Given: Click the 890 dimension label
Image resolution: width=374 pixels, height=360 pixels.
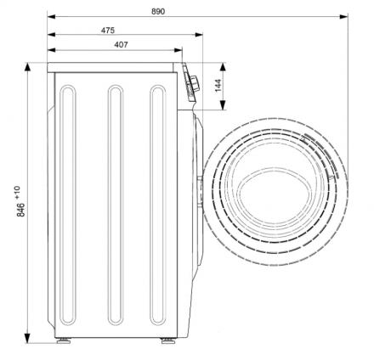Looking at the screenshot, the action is click(158, 12).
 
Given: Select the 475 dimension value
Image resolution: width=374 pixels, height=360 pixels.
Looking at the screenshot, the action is click(108, 30).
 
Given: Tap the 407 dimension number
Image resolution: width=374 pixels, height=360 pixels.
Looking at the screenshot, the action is click(121, 45).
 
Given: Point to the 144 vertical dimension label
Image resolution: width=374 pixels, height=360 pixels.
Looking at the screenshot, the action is click(218, 86).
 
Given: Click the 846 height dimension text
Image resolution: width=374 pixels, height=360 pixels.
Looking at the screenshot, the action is click(20, 210).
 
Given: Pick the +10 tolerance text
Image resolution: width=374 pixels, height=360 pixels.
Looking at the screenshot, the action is click(17, 192).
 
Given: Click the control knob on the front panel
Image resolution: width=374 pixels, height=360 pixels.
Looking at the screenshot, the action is click(195, 84).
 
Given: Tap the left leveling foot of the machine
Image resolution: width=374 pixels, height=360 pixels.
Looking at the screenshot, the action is click(64, 340).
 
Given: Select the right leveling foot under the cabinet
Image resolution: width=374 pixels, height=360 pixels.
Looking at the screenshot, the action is click(168, 340).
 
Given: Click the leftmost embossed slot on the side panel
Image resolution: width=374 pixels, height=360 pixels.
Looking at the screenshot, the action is click(68, 205).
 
